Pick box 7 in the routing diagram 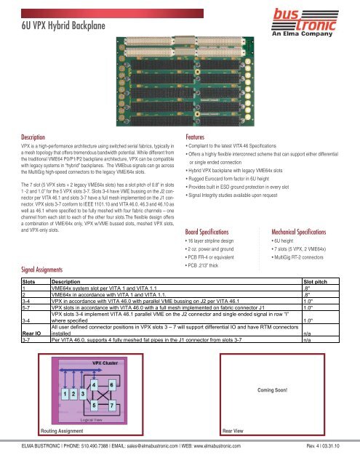[111, 404]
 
